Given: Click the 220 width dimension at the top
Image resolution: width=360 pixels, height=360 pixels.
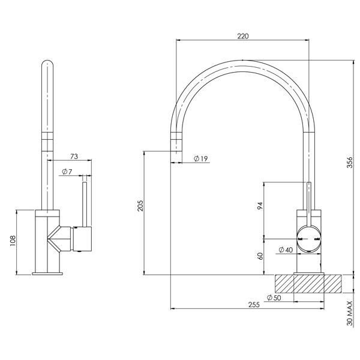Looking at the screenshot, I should click(242, 36).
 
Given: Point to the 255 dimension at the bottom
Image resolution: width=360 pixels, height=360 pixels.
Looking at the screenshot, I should click(253, 305).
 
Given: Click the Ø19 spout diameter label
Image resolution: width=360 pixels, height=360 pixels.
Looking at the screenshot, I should click(200, 158).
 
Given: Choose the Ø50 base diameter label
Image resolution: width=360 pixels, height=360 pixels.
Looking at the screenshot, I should click(274, 298).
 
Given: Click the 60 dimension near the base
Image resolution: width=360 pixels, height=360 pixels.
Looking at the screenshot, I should click(260, 256).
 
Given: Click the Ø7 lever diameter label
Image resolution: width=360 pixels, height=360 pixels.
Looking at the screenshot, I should click(67, 172).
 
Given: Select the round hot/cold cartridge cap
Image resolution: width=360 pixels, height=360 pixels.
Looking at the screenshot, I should click(309, 238).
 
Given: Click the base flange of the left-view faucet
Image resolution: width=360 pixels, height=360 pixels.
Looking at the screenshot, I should click(47, 273).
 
